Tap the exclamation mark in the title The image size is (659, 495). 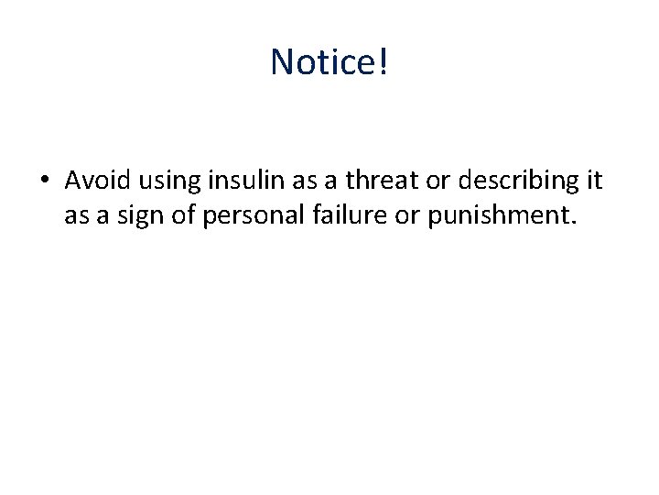383,62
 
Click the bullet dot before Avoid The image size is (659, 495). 45,181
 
